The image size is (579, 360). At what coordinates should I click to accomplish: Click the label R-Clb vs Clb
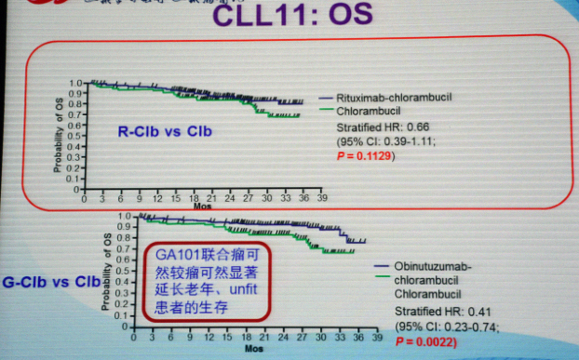coord(164,132)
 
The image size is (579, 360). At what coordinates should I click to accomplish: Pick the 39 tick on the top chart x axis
coord(322,198)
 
